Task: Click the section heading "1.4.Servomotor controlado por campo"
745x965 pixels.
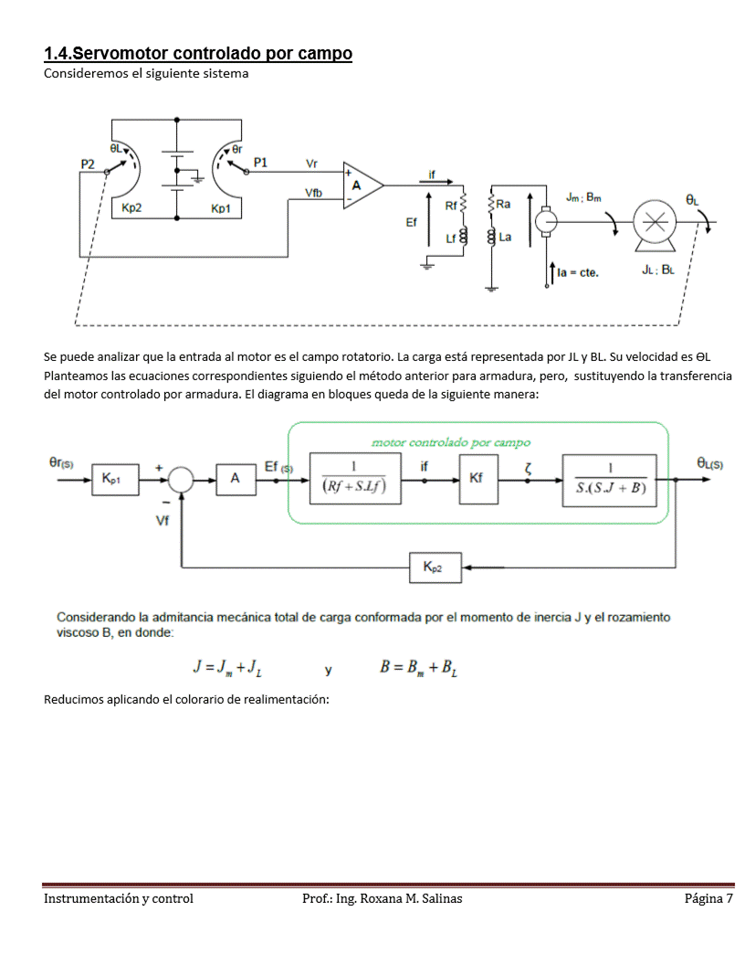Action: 198,54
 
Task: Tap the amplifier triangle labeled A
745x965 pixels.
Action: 361,186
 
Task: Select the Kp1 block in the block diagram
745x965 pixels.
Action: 115,478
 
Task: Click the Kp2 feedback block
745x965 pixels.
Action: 435,567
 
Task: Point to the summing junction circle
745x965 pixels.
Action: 182,478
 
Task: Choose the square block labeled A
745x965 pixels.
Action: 236,478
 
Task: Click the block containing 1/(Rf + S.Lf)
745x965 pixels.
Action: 353,478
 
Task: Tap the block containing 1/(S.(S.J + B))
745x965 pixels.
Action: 609,479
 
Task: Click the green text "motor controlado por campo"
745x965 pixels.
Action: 450,442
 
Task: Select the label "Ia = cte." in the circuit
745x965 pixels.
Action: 577,272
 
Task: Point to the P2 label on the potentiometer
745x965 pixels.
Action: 88,163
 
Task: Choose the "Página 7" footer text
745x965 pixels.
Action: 708,898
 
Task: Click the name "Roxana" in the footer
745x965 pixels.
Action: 386,898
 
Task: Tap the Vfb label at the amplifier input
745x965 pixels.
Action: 313,192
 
